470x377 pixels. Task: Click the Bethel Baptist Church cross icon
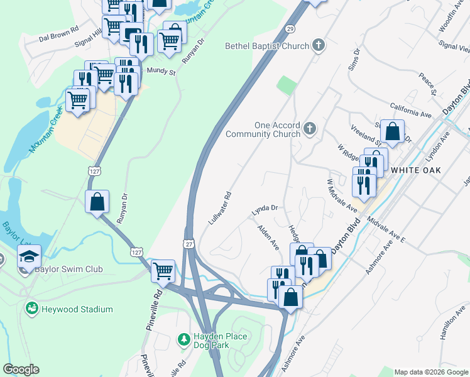(319, 45)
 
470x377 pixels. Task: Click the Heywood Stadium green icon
(31, 309)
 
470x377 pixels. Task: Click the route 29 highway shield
(290, 30)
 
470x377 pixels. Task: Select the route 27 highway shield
(189, 243)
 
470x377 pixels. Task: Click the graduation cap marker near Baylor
(29, 256)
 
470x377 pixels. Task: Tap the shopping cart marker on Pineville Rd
(163, 271)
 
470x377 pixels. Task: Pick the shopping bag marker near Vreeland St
(392, 132)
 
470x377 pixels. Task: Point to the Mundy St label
(161, 72)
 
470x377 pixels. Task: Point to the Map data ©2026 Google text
(430, 372)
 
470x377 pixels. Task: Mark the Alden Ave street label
(269, 238)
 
